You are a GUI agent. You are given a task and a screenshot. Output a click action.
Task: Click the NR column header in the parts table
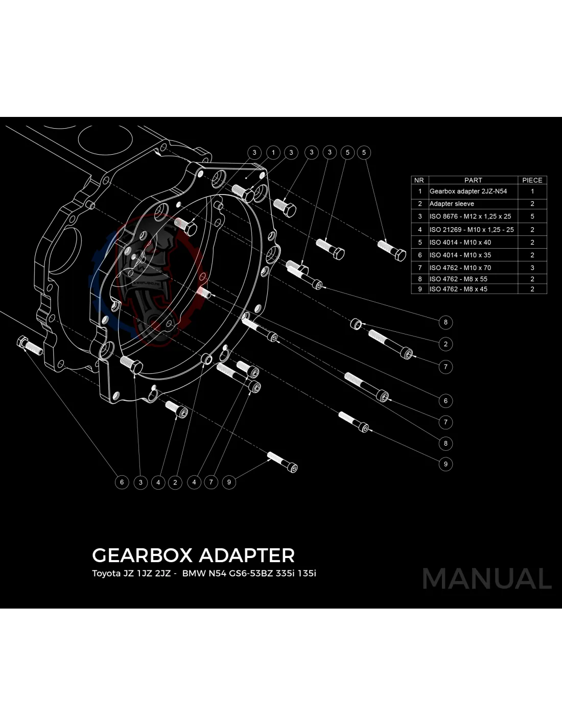419,180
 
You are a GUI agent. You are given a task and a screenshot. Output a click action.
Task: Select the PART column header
473,180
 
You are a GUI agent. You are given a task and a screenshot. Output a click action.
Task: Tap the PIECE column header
532,180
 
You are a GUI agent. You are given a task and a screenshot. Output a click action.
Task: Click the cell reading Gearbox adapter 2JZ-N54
468,191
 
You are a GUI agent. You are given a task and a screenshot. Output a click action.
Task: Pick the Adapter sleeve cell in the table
452,204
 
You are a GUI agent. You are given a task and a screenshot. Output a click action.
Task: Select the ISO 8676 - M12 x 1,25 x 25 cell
470,216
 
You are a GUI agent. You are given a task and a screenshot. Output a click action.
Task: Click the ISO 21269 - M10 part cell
472,230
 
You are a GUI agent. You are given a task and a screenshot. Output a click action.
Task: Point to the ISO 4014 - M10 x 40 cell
460,243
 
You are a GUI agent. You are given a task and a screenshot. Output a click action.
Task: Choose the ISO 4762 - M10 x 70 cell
460,268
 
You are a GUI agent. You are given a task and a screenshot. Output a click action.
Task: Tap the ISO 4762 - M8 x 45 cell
458,289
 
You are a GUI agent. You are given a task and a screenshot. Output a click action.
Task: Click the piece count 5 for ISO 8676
532,216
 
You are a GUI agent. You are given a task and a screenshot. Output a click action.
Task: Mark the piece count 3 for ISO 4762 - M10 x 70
532,268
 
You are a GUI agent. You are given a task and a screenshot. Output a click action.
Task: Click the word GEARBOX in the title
142,555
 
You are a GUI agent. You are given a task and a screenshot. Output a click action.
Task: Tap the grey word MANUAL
487,578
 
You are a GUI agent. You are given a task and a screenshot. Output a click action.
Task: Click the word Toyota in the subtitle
106,573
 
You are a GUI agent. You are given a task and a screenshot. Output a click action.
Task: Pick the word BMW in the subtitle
194,573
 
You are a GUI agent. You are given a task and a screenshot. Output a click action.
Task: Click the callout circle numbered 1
273,152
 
